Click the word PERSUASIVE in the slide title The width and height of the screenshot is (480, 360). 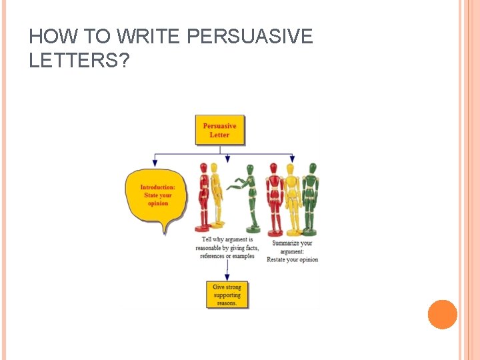(x=251, y=37)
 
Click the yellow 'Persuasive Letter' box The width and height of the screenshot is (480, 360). (x=219, y=130)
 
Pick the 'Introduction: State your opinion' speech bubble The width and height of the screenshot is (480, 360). (x=157, y=196)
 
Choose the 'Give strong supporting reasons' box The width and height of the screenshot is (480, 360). (x=227, y=295)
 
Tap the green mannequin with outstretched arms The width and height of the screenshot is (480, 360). (x=246, y=197)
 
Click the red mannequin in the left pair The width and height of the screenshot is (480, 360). (x=204, y=196)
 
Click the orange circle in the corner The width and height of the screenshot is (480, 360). (x=442, y=315)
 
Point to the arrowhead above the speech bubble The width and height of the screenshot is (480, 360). (x=156, y=162)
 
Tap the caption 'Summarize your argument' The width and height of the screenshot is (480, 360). (x=292, y=247)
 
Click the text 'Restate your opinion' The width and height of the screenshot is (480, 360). (x=292, y=259)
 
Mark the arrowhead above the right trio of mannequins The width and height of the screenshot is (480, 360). (x=291, y=159)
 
